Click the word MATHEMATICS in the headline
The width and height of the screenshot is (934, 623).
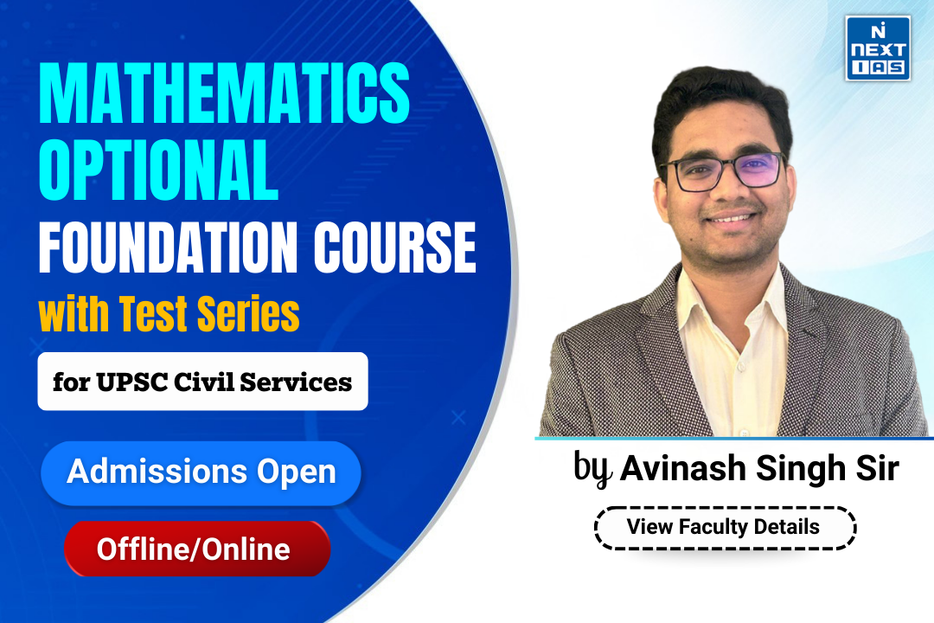(224, 98)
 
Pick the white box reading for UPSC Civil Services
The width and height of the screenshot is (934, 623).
(202, 382)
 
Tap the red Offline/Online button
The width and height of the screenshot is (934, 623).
(196, 549)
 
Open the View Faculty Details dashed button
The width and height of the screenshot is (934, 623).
(725, 526)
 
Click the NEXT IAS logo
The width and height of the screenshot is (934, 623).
(877, 48)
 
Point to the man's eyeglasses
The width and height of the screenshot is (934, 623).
(722, 170)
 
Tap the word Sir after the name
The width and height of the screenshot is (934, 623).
(875, 470)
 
